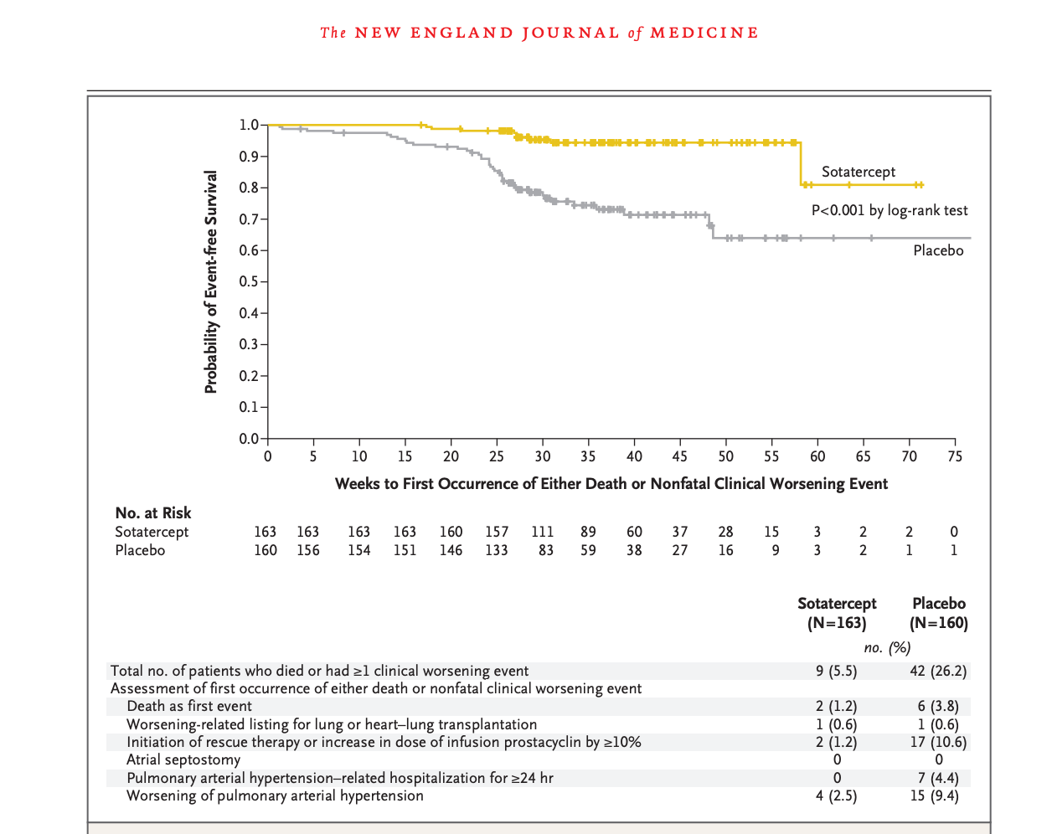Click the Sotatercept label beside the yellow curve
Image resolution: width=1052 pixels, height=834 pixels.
click(859, 172)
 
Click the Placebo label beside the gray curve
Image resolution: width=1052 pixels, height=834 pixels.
click(938, 250)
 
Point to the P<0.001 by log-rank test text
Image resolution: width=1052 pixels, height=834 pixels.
click(890, 210)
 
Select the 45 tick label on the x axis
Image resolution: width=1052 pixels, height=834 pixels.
click(680, 456)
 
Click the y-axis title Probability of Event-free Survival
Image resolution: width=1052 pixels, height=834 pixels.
click(211, 281)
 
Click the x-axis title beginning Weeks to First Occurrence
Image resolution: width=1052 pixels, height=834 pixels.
click(611, 483)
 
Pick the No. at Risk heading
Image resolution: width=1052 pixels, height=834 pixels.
click(153, 512)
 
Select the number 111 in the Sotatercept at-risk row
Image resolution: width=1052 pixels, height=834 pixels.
click(542, 532)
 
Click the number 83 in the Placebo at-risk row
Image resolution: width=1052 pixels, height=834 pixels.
click(545, 550)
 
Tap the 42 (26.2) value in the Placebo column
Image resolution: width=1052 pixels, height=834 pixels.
click(938, 671)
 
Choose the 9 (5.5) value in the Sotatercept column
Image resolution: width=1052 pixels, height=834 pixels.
click(837, 671)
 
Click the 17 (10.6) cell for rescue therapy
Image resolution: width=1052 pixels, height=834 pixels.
click(938, 742)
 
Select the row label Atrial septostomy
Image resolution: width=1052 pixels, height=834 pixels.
click(183, 759)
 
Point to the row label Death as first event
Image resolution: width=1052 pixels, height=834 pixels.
click(188, 706)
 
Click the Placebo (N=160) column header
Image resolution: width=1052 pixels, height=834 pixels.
click(938, 613)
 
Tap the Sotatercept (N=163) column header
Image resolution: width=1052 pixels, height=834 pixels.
click(837, 613)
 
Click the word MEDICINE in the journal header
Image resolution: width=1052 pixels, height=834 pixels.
click(704, 33)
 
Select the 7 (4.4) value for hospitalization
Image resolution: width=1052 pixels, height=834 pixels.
click(938, 778)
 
